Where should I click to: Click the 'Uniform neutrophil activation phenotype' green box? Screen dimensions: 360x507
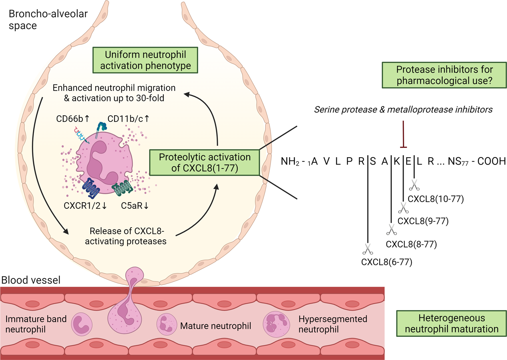coord(145,60)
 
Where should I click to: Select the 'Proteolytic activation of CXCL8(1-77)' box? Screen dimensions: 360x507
coord(204,163)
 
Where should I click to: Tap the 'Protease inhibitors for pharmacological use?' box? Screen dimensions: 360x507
coord(444,75)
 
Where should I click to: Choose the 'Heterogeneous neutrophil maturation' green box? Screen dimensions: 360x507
coord(451,323)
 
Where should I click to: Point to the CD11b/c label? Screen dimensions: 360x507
coord(128,119)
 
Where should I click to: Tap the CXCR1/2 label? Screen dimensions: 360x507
coord(85,206)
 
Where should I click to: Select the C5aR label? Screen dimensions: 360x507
coord(134,206)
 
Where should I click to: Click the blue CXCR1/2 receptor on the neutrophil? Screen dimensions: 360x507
coord(90,188)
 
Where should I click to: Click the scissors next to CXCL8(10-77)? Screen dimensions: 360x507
coord(414,185)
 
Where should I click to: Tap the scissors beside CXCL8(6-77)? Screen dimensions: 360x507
coord(368,249)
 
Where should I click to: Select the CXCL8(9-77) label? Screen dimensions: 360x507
coord(423,221)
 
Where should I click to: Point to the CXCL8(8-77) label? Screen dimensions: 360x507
coord(411,244)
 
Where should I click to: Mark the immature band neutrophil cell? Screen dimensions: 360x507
coord(82,324)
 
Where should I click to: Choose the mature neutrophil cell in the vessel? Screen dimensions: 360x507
coord(167,324)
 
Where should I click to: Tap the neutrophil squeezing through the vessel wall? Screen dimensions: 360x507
coord(127,306)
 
